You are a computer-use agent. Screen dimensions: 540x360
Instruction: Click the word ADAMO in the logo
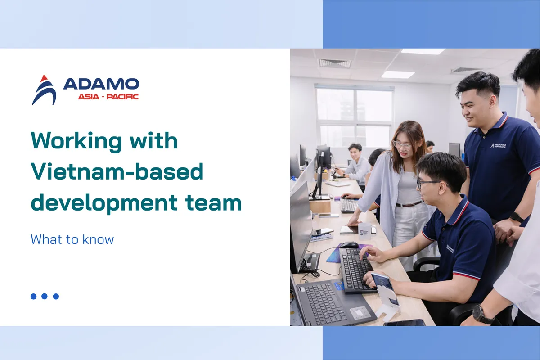(101, 84)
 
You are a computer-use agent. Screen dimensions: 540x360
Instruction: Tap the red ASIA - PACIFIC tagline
(108, 97)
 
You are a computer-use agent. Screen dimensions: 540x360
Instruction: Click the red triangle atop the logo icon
(44, 78)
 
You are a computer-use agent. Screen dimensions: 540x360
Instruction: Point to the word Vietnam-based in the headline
(117, 171)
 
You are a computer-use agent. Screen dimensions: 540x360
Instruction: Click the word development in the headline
(104, 203)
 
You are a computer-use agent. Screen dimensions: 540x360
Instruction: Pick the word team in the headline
(213, 203)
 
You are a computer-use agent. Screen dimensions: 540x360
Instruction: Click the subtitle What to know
(72, 239)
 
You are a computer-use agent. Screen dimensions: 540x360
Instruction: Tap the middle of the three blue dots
(45, 296)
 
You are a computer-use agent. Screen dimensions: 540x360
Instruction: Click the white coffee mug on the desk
(366, 231)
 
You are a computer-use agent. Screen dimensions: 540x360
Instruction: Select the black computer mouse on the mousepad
(349, 245)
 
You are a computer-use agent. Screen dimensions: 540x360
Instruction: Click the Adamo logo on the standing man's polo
(498, 145)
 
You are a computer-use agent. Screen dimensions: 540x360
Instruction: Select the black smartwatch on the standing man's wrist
(516, 217)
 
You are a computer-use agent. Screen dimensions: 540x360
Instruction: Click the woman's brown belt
(409, 204)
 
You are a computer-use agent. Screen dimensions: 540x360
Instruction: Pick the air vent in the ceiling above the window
(335, 63)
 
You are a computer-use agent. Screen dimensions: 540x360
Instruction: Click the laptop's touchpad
(360, 313)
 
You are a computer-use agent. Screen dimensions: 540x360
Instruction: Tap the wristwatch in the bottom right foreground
(483, 315)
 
